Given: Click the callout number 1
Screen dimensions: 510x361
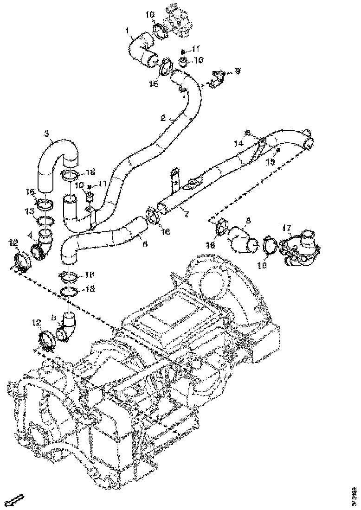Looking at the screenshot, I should pos(127,31).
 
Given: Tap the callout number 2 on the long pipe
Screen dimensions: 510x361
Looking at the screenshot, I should pos(163,118).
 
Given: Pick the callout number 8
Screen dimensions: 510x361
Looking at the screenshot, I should pos(248,220).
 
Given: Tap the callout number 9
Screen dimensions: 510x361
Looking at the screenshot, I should pos(237,71).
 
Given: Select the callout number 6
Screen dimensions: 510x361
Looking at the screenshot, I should pos(145,242).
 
